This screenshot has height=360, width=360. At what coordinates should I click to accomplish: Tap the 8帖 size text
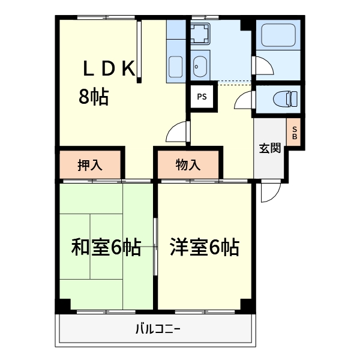coord(94,97)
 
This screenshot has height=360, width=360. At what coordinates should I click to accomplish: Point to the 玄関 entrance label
coord(269,148)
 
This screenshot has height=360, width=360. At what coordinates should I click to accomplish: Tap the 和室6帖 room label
coord(106,247)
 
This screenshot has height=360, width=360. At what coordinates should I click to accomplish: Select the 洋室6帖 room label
coord(205,247)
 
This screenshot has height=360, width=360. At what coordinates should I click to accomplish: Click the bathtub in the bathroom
coord(277,36)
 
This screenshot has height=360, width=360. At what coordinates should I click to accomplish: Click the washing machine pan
coord(200,34)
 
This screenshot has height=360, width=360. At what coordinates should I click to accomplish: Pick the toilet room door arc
coord(244,100)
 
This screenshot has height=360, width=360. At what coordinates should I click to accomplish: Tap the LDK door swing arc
coord(178,131)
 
